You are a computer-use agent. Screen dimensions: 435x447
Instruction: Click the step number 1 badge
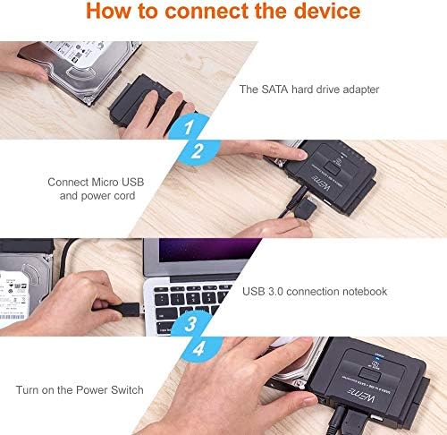pyautogui.click(x=189, y=128)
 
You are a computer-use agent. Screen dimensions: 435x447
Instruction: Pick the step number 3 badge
pyautogui.click(x=190, y=324)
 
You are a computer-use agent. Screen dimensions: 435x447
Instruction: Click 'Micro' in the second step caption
pyautogui.click(x=108, y=182)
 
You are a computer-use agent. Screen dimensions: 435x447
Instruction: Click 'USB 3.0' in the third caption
pyautogui.click(x=265, y=292)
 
